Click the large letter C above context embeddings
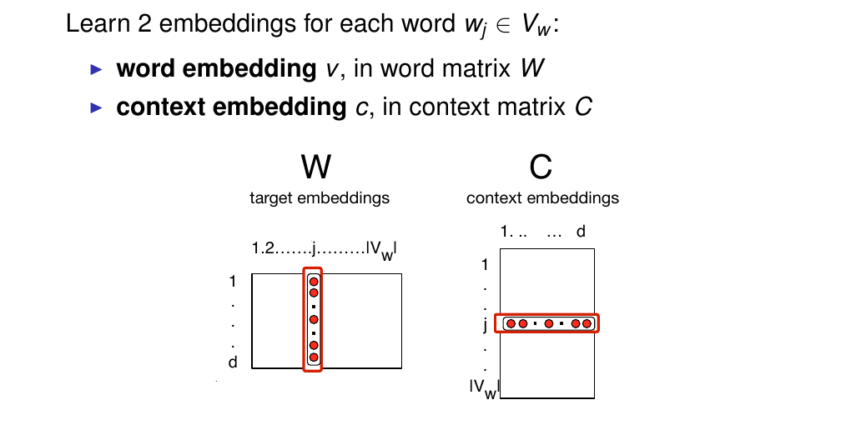pyautogui.click(x=541, y=168)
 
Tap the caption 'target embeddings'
pyautogui.click(x=320, y=198)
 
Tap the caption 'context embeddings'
pyautogui.click(x=542, y=198)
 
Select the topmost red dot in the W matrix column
pyautogui.click(x=314, y=281)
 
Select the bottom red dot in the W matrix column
pyautogui.click(x=314, y=357)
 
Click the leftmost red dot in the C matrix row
pyautogui.click(x=511, y=323)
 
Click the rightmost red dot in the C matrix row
pyautogui.click(x=587, y=323)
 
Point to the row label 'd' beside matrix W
pyautogui.click(x=233, y=362)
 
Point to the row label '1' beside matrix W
pyautogui.click(x=233, y=281)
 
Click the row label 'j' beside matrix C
pyautogui.click(x=485, y=325)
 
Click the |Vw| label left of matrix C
pyautogui.click(x=483, y=387)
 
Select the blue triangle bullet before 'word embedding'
pyautogui.click(x=96, y=68)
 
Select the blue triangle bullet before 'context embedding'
pyautogui.click(x=96, y=107)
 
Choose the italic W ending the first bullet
pyautogui.click(x=532, y=68)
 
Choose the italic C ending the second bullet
pyautogui.click(x=583, y=107)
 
